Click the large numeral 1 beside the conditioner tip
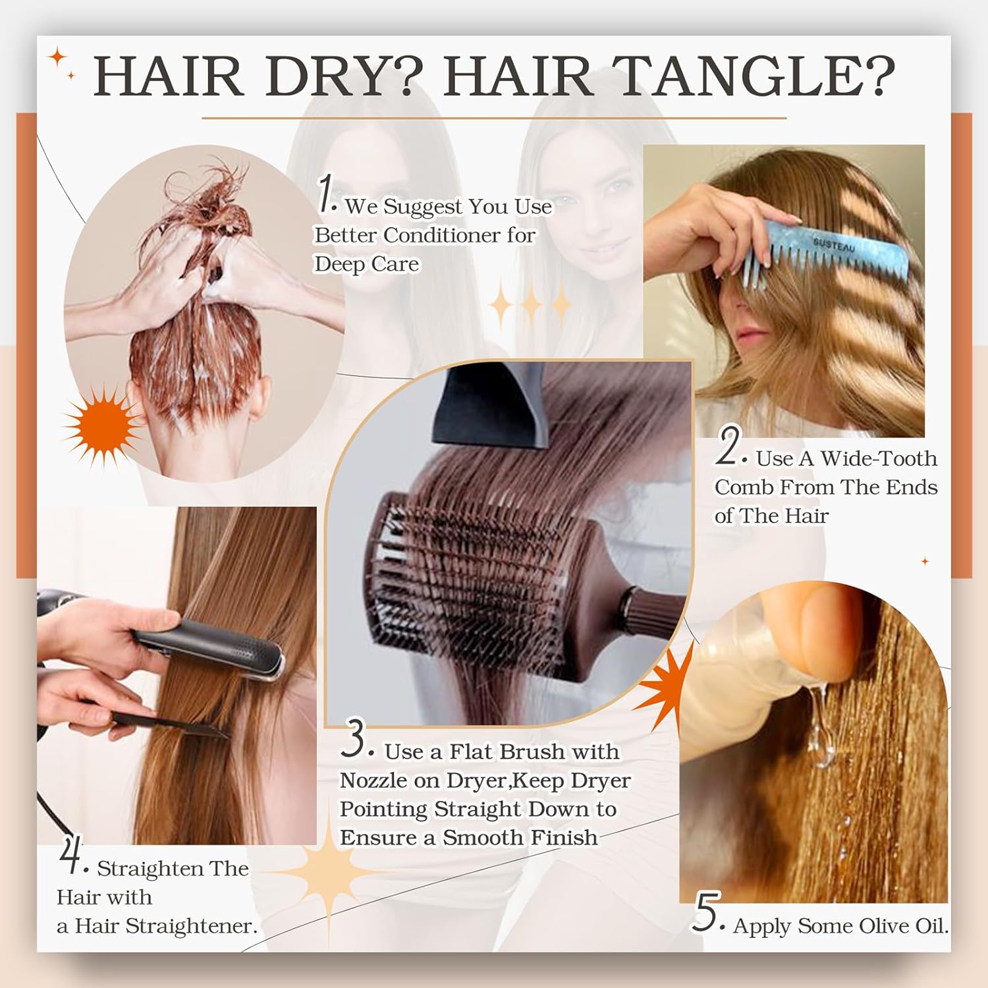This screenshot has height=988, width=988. [326, 194]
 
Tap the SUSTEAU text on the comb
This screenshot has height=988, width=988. [834, 245]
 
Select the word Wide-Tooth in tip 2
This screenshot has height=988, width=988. [878, 458]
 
